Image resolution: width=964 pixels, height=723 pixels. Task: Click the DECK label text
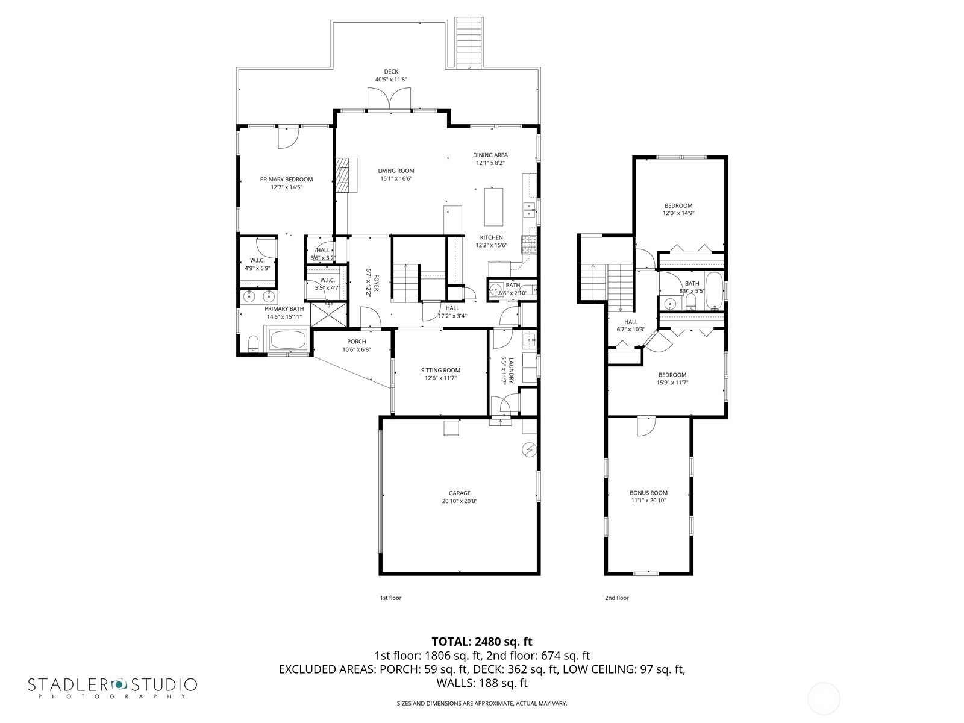[x=391, y=72]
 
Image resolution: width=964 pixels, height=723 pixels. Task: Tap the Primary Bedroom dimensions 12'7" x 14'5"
[x=286, y=187]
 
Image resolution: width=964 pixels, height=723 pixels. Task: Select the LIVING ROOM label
[x=396, y=171]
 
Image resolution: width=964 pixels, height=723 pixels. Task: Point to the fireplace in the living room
[x=346, y=175]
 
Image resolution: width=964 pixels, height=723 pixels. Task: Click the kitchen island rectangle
[x=493, y=207]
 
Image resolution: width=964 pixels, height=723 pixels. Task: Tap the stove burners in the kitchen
[x=529, y=245]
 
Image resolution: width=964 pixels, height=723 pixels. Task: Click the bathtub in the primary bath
[x=288, y=339]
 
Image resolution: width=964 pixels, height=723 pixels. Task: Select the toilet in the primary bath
[x=254, y=343]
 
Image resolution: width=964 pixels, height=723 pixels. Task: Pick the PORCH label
[x=357, y=342]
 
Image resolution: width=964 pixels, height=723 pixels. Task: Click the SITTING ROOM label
[x=440, y=370]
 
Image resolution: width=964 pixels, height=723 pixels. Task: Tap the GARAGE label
[x=459, y=493]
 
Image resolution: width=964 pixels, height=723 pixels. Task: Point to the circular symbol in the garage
[x=529, y=450]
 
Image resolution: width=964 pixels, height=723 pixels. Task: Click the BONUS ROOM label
[x=648, y=492]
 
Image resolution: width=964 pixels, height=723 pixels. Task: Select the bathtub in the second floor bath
[x=714, y=290]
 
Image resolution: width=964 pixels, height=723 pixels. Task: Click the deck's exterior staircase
[x=469, y=43]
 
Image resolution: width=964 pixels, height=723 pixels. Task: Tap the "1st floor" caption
[x=390, y=598]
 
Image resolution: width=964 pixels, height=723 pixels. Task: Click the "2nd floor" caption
[x=616, y=598]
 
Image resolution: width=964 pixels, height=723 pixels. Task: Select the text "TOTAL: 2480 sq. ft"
[x=482, y=642]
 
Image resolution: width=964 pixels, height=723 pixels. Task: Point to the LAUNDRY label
[x=511, y=369]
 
